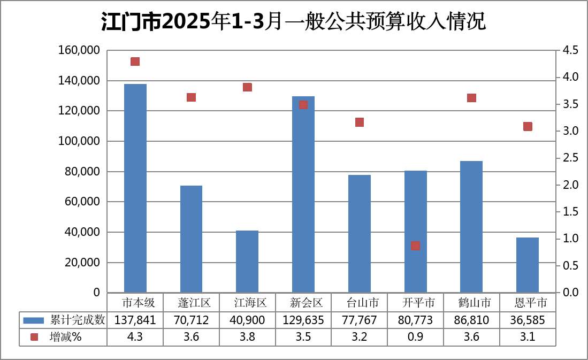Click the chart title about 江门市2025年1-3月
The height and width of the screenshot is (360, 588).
coord(293,22)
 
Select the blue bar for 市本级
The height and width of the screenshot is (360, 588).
coord(135,188)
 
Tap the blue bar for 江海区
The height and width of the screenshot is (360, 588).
coord(247,262)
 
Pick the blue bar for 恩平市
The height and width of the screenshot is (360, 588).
coord(528,265)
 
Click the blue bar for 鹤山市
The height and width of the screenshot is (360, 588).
coord(471,227)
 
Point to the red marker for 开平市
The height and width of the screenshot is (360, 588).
coord(416,246)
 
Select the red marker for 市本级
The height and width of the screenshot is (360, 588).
coord(135,62)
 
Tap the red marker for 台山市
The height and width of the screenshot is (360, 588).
coord(360,122)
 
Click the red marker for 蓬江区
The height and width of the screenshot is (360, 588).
coord(192,97)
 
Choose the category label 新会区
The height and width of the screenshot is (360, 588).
coord(303,303)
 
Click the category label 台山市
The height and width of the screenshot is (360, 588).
coord(360,303)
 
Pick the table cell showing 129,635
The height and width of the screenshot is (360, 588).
coord(303,320)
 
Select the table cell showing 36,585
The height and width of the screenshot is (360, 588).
coord(528,320)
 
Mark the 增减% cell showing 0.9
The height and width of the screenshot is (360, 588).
coord(416,337)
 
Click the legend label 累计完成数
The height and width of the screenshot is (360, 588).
coord(78,320)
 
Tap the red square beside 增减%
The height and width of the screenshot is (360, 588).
coord(34,337)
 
